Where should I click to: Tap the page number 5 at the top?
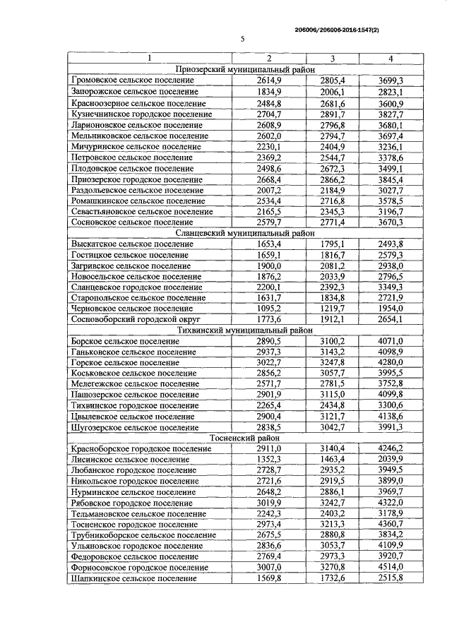tap(242, 40)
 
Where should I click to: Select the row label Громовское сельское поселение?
tap(133, 80)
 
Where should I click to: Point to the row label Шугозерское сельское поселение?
tap(133, 427)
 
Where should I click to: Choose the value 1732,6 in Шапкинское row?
tap(332, 578)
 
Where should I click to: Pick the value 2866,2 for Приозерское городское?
tap(332, 179)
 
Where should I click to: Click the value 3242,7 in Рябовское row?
tap(332, 502)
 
